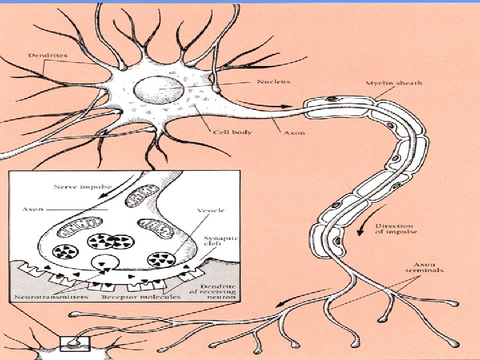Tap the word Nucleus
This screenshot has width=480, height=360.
(x=273, y=82)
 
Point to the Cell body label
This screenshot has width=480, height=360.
(x=232, y=132)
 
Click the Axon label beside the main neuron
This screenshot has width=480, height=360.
(x=294, y=133)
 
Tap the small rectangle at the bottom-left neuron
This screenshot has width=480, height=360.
(x=73, y=343)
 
